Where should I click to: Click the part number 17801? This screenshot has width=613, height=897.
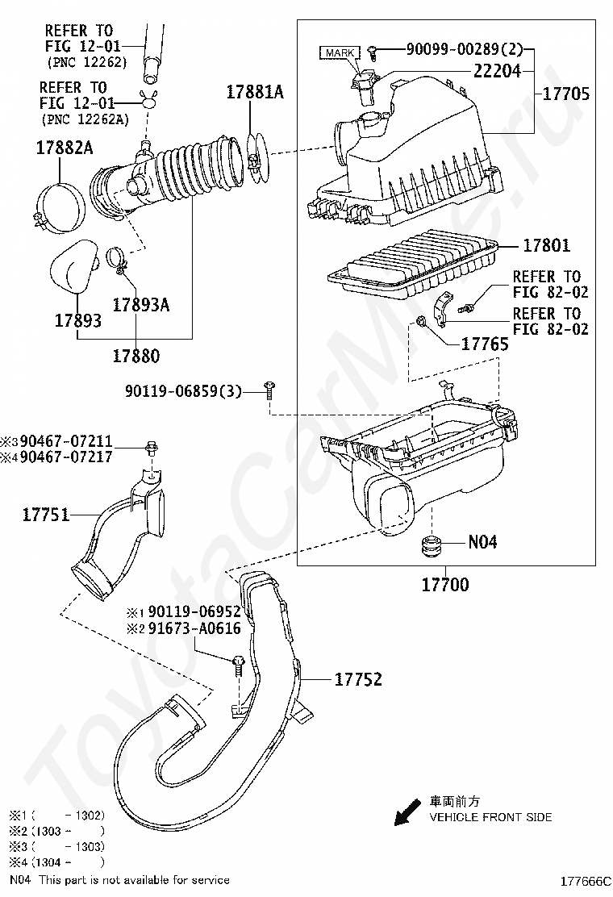tap(546, 245)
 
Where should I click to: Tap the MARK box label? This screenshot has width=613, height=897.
tap(340, 52)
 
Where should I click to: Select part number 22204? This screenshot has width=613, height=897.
tap(497, 71)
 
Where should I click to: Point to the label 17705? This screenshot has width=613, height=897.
tap(565, 94)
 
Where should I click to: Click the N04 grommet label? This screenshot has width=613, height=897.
tap(482, 542)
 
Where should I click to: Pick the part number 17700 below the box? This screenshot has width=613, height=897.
tap(445, 584)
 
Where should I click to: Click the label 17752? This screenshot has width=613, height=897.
tap(358, 679)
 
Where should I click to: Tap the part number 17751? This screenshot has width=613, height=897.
tap(46, 515)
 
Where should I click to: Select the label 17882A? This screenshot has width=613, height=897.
tap(64, 148)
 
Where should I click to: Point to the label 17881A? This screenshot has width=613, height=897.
tap(255, 92)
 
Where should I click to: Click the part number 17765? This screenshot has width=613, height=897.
tap(484, 344)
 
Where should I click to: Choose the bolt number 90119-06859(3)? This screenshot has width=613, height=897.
tap(183, 391)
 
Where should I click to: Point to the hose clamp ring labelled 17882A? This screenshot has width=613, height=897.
tap(60, 207)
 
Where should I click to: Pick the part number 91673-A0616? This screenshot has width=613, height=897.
tap(194, 628)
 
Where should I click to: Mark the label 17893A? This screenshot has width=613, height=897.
tap(140, 304)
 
